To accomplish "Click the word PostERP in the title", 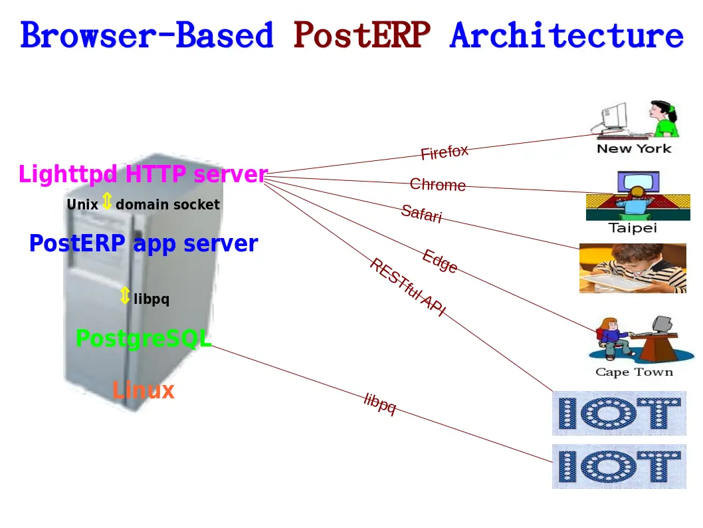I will pos(361,35).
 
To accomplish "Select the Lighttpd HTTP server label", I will pos(143,175).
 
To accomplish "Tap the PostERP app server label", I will pos(144,243).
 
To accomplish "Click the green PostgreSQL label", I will pos(144,338).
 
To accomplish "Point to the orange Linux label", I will pos(143,390).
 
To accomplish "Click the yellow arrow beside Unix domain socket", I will pos(107,201).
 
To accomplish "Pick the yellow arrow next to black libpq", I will pos(125,296).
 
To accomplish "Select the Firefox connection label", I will pos(445,152).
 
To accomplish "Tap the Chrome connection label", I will pos(437,184).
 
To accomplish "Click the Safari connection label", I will pos(421,213).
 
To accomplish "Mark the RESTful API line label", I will pos(407,287).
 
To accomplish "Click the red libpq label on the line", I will pos(380,403).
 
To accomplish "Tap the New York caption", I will pos(634,149).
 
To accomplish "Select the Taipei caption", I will pos(633,228).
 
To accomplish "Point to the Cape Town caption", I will pos(634,372).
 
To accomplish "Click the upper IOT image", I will pos(619,413).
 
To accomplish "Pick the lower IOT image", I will pos(619,466).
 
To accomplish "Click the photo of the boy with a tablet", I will pos(633,268).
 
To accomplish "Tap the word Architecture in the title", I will pos(566,35).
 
